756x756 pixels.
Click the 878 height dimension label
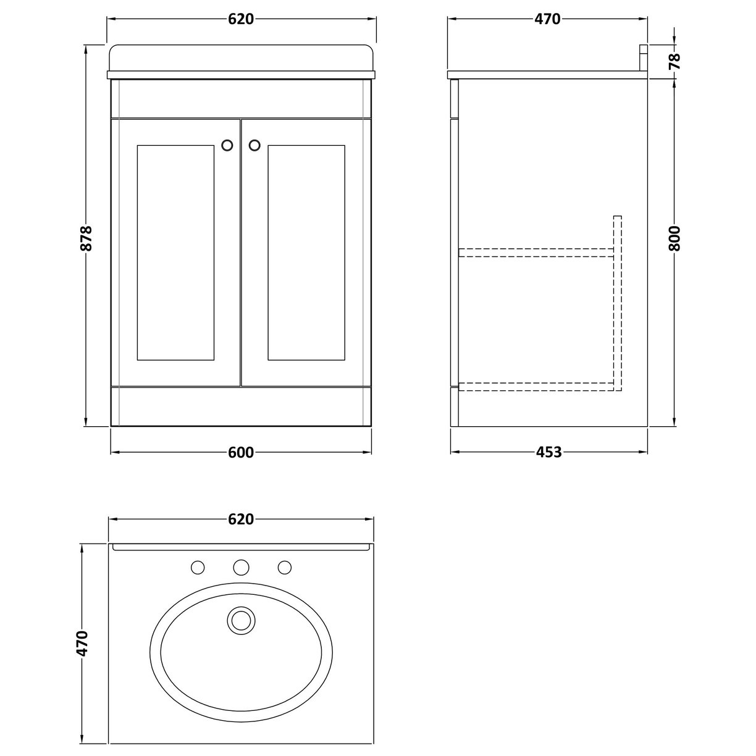pyautogui.click(x=87, y=237)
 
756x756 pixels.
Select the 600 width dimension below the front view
pyautogui.click(x=241, y=453)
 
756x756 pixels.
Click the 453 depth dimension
pyautogui.click(x=548, y=452)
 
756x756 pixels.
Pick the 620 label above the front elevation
pyautogui.click(x=241, y=19)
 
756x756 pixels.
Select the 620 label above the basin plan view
pyautogui.click(x=241, y=519)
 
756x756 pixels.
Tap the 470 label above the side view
pyautogui.click(x=547, y=19)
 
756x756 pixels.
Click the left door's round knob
pyautogui.click(x=227, y=145)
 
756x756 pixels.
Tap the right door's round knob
pyautogui.click(x=254, y=145)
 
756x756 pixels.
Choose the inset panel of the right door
pyautogui.click(x=306, y=253)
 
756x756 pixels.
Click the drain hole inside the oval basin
pyautogui.click(x=240, y=619)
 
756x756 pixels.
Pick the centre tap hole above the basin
pyautogui.click(x=241, y=566)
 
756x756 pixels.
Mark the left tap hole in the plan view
pyautogui.click(x=198, y=566)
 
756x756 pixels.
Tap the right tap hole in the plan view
pyautogui.click(x=284, y=566)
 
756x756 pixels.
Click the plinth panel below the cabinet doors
pyautogui.click(x=241, y=406)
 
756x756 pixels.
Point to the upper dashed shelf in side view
pyautogui.click(x=535, y=252)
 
